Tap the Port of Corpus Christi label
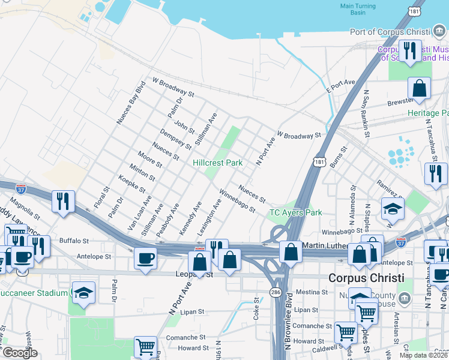390,32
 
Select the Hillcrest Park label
217,163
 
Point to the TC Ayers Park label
295,212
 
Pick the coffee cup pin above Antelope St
145,259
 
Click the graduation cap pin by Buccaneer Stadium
83,292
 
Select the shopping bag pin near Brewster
420,88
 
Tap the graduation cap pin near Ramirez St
393,208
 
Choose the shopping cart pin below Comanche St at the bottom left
145,346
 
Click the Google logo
20,353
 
